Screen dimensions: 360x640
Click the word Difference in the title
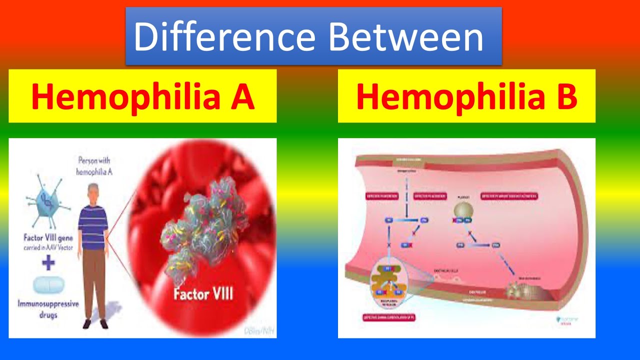coord(224,36)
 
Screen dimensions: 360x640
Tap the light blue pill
coord(48,285)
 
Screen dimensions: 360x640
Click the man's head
coord(93,192)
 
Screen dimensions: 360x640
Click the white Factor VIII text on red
coord(203,293)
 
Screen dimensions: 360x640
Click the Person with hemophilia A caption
coord(93,166)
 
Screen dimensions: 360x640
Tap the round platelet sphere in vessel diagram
coord(463,207)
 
